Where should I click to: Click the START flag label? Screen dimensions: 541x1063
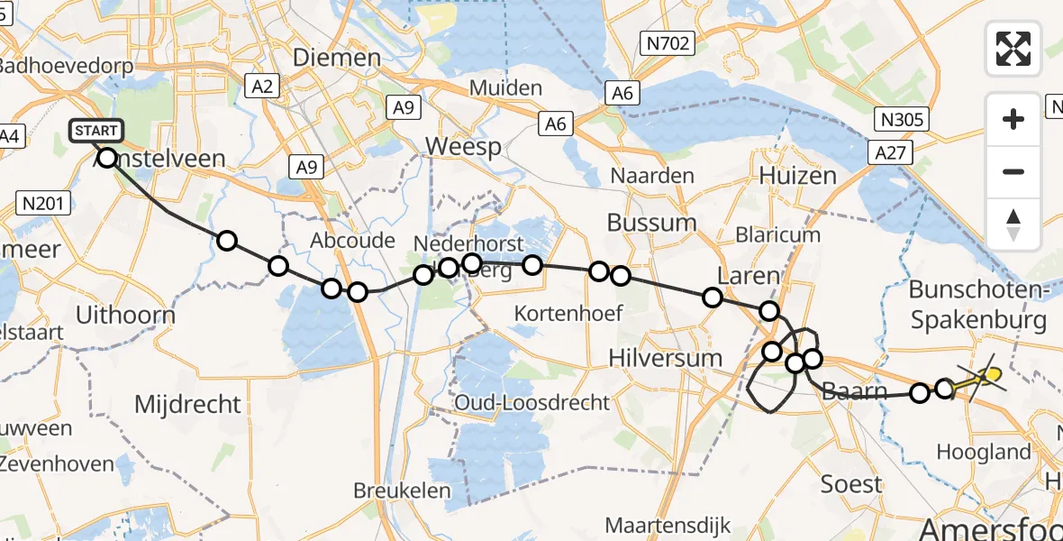pos(95,131)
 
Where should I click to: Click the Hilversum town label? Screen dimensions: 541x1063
pos(665,357)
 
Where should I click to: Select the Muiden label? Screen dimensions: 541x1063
pos(511,88)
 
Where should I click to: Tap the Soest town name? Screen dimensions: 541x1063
pos(851,483)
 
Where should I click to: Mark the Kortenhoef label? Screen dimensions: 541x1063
pos(568,313)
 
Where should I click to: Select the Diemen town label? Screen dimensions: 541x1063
pos(336,58)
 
